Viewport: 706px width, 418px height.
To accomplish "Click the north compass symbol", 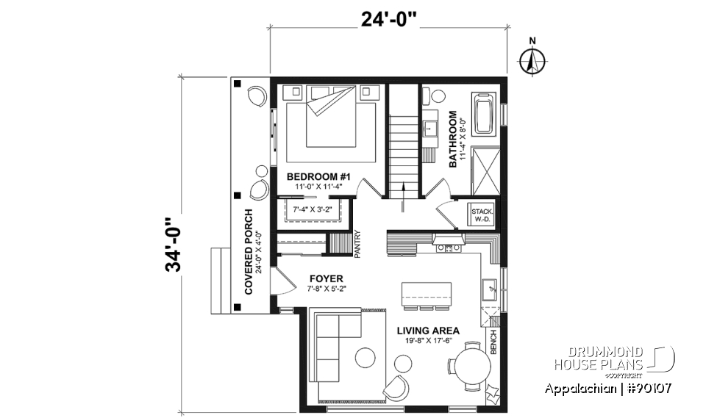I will click(x=531, y=61).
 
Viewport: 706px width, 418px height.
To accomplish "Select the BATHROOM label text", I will click(x=453, y=139).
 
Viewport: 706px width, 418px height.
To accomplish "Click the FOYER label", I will click(x=327, y=278).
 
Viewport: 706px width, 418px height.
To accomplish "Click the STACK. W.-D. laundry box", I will click(x=483, y=215).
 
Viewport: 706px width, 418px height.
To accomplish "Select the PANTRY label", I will click(x=357, y=243).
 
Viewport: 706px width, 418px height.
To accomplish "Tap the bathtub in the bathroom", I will click(x=484, y=113).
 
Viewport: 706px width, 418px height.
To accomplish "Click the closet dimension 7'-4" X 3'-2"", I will click(x=312, y=211).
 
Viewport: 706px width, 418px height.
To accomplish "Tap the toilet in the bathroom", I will click(x=438, y=96).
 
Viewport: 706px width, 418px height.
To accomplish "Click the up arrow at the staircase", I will click(x=403, y=198).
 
